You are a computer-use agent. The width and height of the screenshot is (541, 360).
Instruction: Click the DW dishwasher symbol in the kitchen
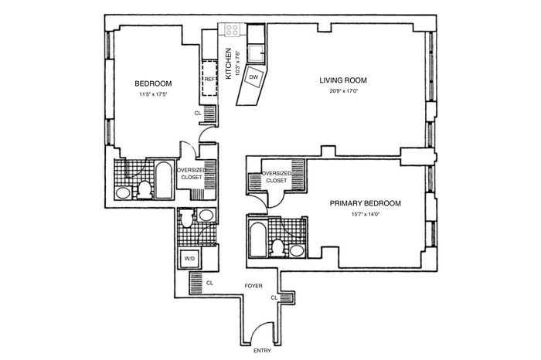tap(253, 77)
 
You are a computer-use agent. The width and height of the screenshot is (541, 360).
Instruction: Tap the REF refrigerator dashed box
tap(209, 79)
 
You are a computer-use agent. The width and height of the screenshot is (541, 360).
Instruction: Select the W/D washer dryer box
tap(189, 258)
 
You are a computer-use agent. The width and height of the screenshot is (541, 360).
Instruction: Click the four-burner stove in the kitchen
tap(232, 29)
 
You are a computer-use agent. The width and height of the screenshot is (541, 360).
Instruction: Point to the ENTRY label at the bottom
tap(262, 351)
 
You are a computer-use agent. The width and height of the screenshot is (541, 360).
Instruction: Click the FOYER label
tap(253, 286)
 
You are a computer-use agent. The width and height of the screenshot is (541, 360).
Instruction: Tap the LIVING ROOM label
tap(343, 80)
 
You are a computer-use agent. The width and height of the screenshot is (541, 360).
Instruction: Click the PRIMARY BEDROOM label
tap(366, 203)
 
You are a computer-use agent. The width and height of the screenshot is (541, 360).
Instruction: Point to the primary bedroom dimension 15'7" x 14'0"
tap(366, 214)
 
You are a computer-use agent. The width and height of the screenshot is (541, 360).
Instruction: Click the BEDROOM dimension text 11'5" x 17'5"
tap(153, 93)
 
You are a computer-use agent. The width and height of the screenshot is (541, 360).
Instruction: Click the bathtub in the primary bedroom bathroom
tap(258, 239)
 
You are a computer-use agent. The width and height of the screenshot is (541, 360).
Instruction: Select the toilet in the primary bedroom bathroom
tap(278, 248)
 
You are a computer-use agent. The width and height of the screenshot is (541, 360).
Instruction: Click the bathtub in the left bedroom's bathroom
tap(164, 180)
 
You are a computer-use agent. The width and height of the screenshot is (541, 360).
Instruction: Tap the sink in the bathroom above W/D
tap(206, 216)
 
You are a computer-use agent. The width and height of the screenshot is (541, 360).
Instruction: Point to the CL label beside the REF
tap(197, 113)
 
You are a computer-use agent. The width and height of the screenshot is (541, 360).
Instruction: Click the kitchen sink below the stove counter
tap(256, 53)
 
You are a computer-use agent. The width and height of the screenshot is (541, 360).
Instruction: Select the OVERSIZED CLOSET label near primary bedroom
tap(277, 177)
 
